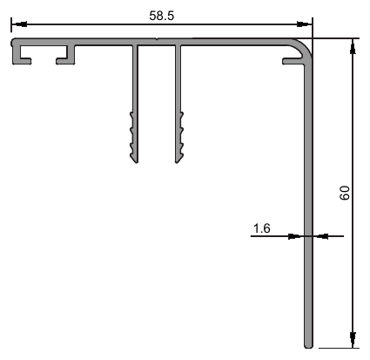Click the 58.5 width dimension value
[162, 16]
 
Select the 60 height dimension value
[345, 193]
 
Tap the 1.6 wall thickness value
[262, 228]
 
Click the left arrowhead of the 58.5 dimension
[19, 24]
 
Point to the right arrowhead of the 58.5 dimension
[305, 24]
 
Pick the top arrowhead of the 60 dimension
[353, 46]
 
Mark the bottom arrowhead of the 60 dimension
[353, 340]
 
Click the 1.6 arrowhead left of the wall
[296, 236]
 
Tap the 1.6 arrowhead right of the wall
[320, 236]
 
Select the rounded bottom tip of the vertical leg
[308, 346]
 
